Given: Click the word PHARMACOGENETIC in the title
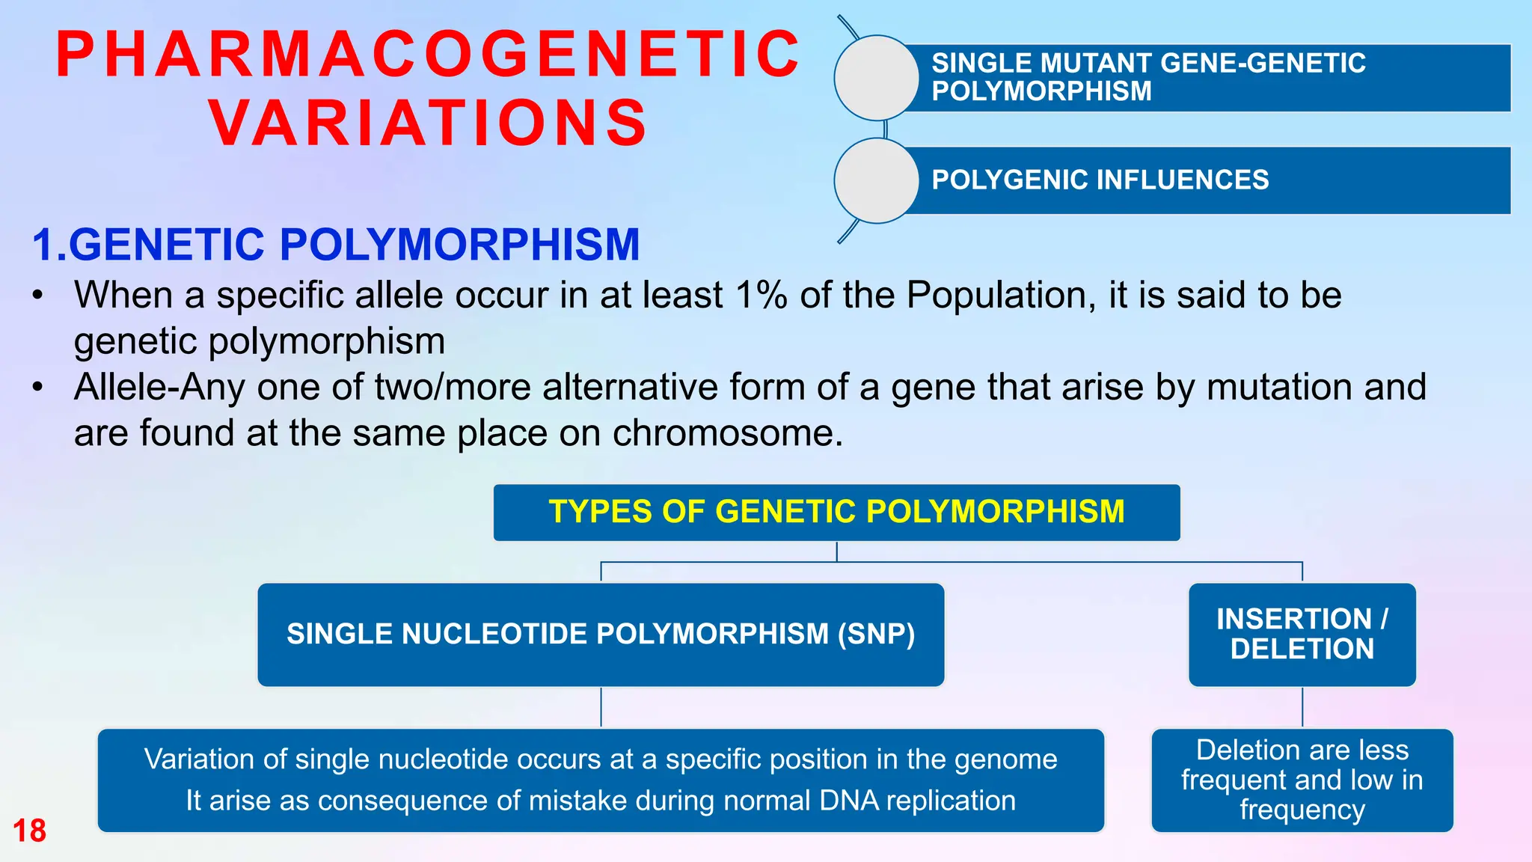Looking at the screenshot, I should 428,55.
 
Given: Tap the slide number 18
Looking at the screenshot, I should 29,831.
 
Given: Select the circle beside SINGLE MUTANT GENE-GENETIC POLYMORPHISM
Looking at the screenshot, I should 876,78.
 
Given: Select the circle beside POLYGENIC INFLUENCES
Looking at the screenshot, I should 876,180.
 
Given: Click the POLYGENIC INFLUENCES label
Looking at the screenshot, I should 1100,180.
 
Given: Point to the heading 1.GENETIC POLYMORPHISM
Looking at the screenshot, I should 336,245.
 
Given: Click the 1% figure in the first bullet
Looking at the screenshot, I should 761,295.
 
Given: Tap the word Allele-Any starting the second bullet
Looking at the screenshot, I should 159,388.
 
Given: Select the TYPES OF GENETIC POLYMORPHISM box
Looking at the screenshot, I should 836,513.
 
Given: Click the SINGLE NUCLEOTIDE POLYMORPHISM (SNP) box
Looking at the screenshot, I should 601,635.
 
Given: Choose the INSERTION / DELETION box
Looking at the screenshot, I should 1302,635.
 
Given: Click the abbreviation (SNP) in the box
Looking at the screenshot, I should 876,635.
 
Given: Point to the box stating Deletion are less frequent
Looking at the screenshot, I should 1302,780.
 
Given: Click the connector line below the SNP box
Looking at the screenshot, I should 601,707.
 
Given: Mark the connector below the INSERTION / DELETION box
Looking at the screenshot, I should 1302,707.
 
